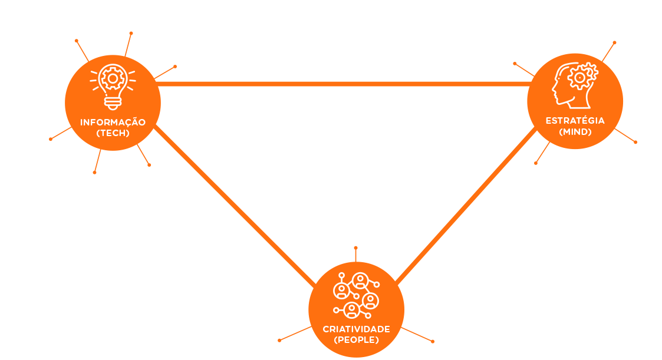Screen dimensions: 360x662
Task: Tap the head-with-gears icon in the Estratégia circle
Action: click(575, 86)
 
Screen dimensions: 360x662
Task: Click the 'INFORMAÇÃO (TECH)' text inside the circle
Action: click(113, 128)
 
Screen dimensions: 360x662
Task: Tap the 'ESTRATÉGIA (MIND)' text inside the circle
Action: click(575, 126)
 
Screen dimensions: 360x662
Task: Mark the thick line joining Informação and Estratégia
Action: click(342, 84)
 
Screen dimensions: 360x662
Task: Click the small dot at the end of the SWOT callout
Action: click(635, 142)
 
